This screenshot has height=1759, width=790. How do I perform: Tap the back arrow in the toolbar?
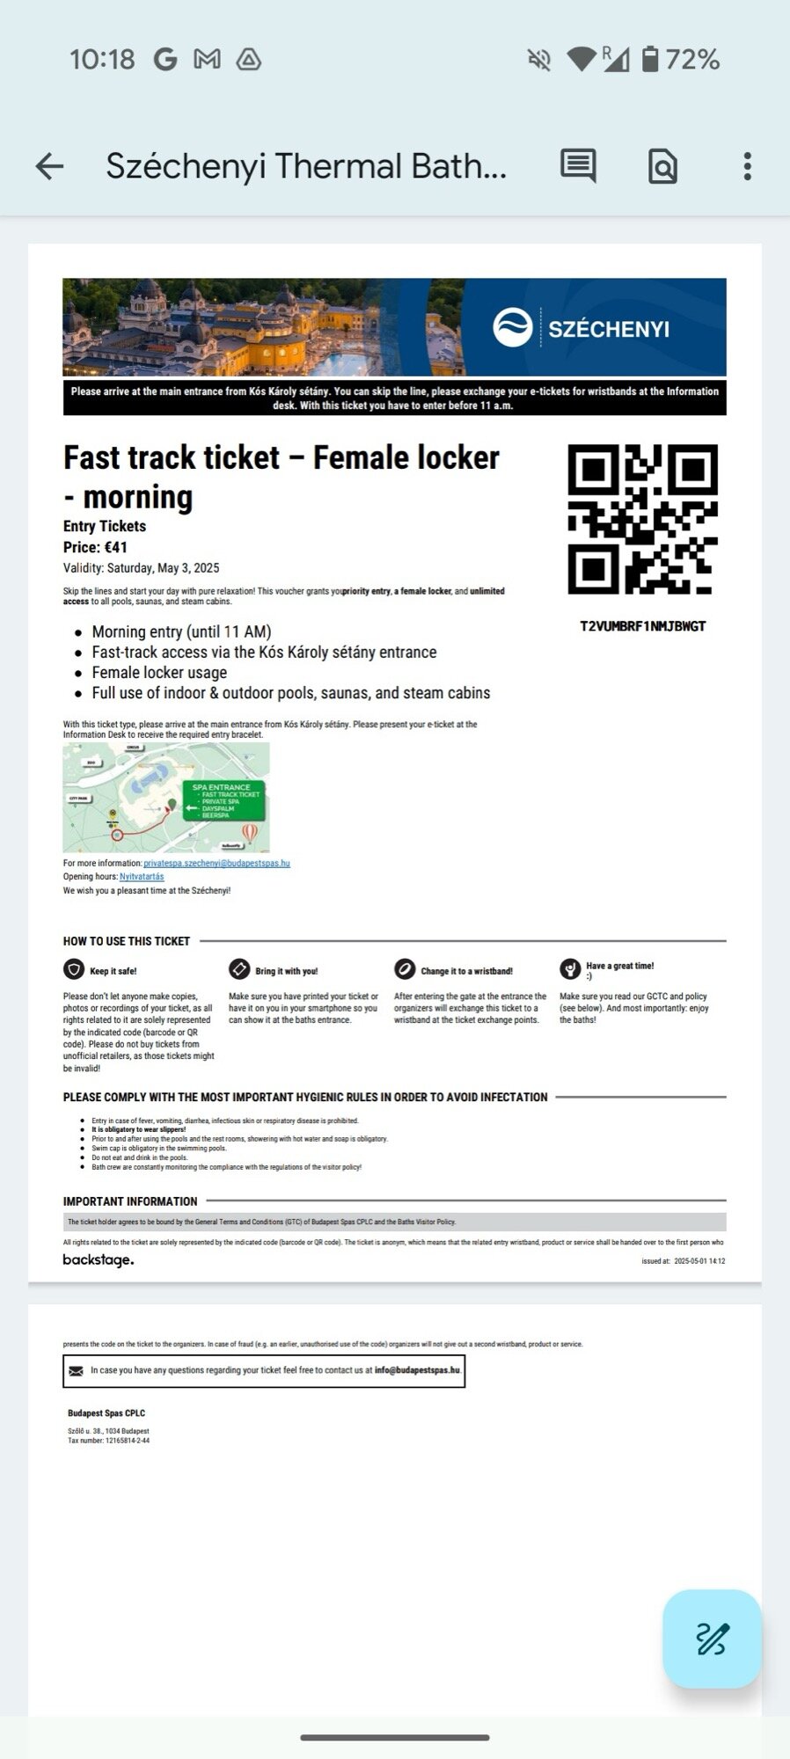click(x=50, y=166)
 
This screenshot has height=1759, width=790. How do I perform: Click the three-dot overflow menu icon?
click(x=747, y=166)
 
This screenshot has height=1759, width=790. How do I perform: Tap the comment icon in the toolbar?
click(x=578, y=166)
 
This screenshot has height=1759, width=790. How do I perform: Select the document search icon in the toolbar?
click(x=662, y=166)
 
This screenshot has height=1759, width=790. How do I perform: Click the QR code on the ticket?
click(x=642, y=519)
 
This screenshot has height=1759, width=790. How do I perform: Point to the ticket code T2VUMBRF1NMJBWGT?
click(x=642, y=626)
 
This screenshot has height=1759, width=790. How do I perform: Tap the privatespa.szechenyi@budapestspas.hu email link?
click(x=216, y=864)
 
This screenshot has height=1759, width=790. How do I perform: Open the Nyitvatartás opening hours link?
click(x=142, y=877)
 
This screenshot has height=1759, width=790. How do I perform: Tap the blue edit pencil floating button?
click(x=712, y=1639)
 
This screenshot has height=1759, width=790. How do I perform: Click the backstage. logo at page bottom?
click(x=99, y=1260)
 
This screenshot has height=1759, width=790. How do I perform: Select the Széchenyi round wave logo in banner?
click(x=512, y=328)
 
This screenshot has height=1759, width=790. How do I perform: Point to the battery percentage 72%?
click(x=692, y=60)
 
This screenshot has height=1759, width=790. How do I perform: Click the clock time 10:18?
click(x=102, y=60)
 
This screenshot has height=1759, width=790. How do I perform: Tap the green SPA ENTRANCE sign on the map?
click(x=223, y=800)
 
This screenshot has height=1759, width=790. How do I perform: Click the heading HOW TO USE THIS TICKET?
click(x=127, y=941)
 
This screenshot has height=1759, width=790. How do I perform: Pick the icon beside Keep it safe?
click(x=74, y=969)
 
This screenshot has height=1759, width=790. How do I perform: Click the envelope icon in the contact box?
click(x=76, y=1370)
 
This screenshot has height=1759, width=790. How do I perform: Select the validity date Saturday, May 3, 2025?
click(x=163, y=568)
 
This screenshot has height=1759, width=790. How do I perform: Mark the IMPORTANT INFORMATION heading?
click(x=130, y=1201)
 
